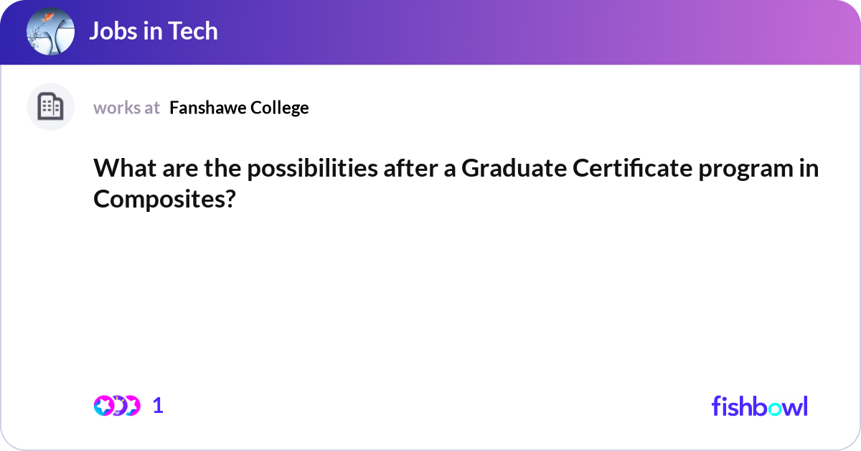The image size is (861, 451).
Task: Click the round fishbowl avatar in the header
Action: click(50, 32)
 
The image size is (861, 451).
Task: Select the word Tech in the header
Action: click(194, 32)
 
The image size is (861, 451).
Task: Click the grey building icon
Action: click(50, 107)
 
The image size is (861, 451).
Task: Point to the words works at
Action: click(126, 108)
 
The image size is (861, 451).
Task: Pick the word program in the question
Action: click(757, 170)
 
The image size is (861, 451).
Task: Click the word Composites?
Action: click(165, 199)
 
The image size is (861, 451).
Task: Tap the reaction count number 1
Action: click(159, 406)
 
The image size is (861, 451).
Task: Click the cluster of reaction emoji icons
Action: click(116, 406)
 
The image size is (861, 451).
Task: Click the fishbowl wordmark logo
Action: click(759, 406)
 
